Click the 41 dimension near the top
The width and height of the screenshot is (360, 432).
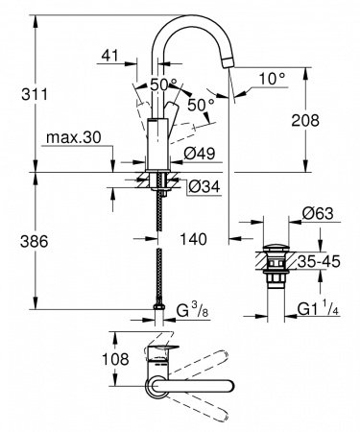(111, 57)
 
